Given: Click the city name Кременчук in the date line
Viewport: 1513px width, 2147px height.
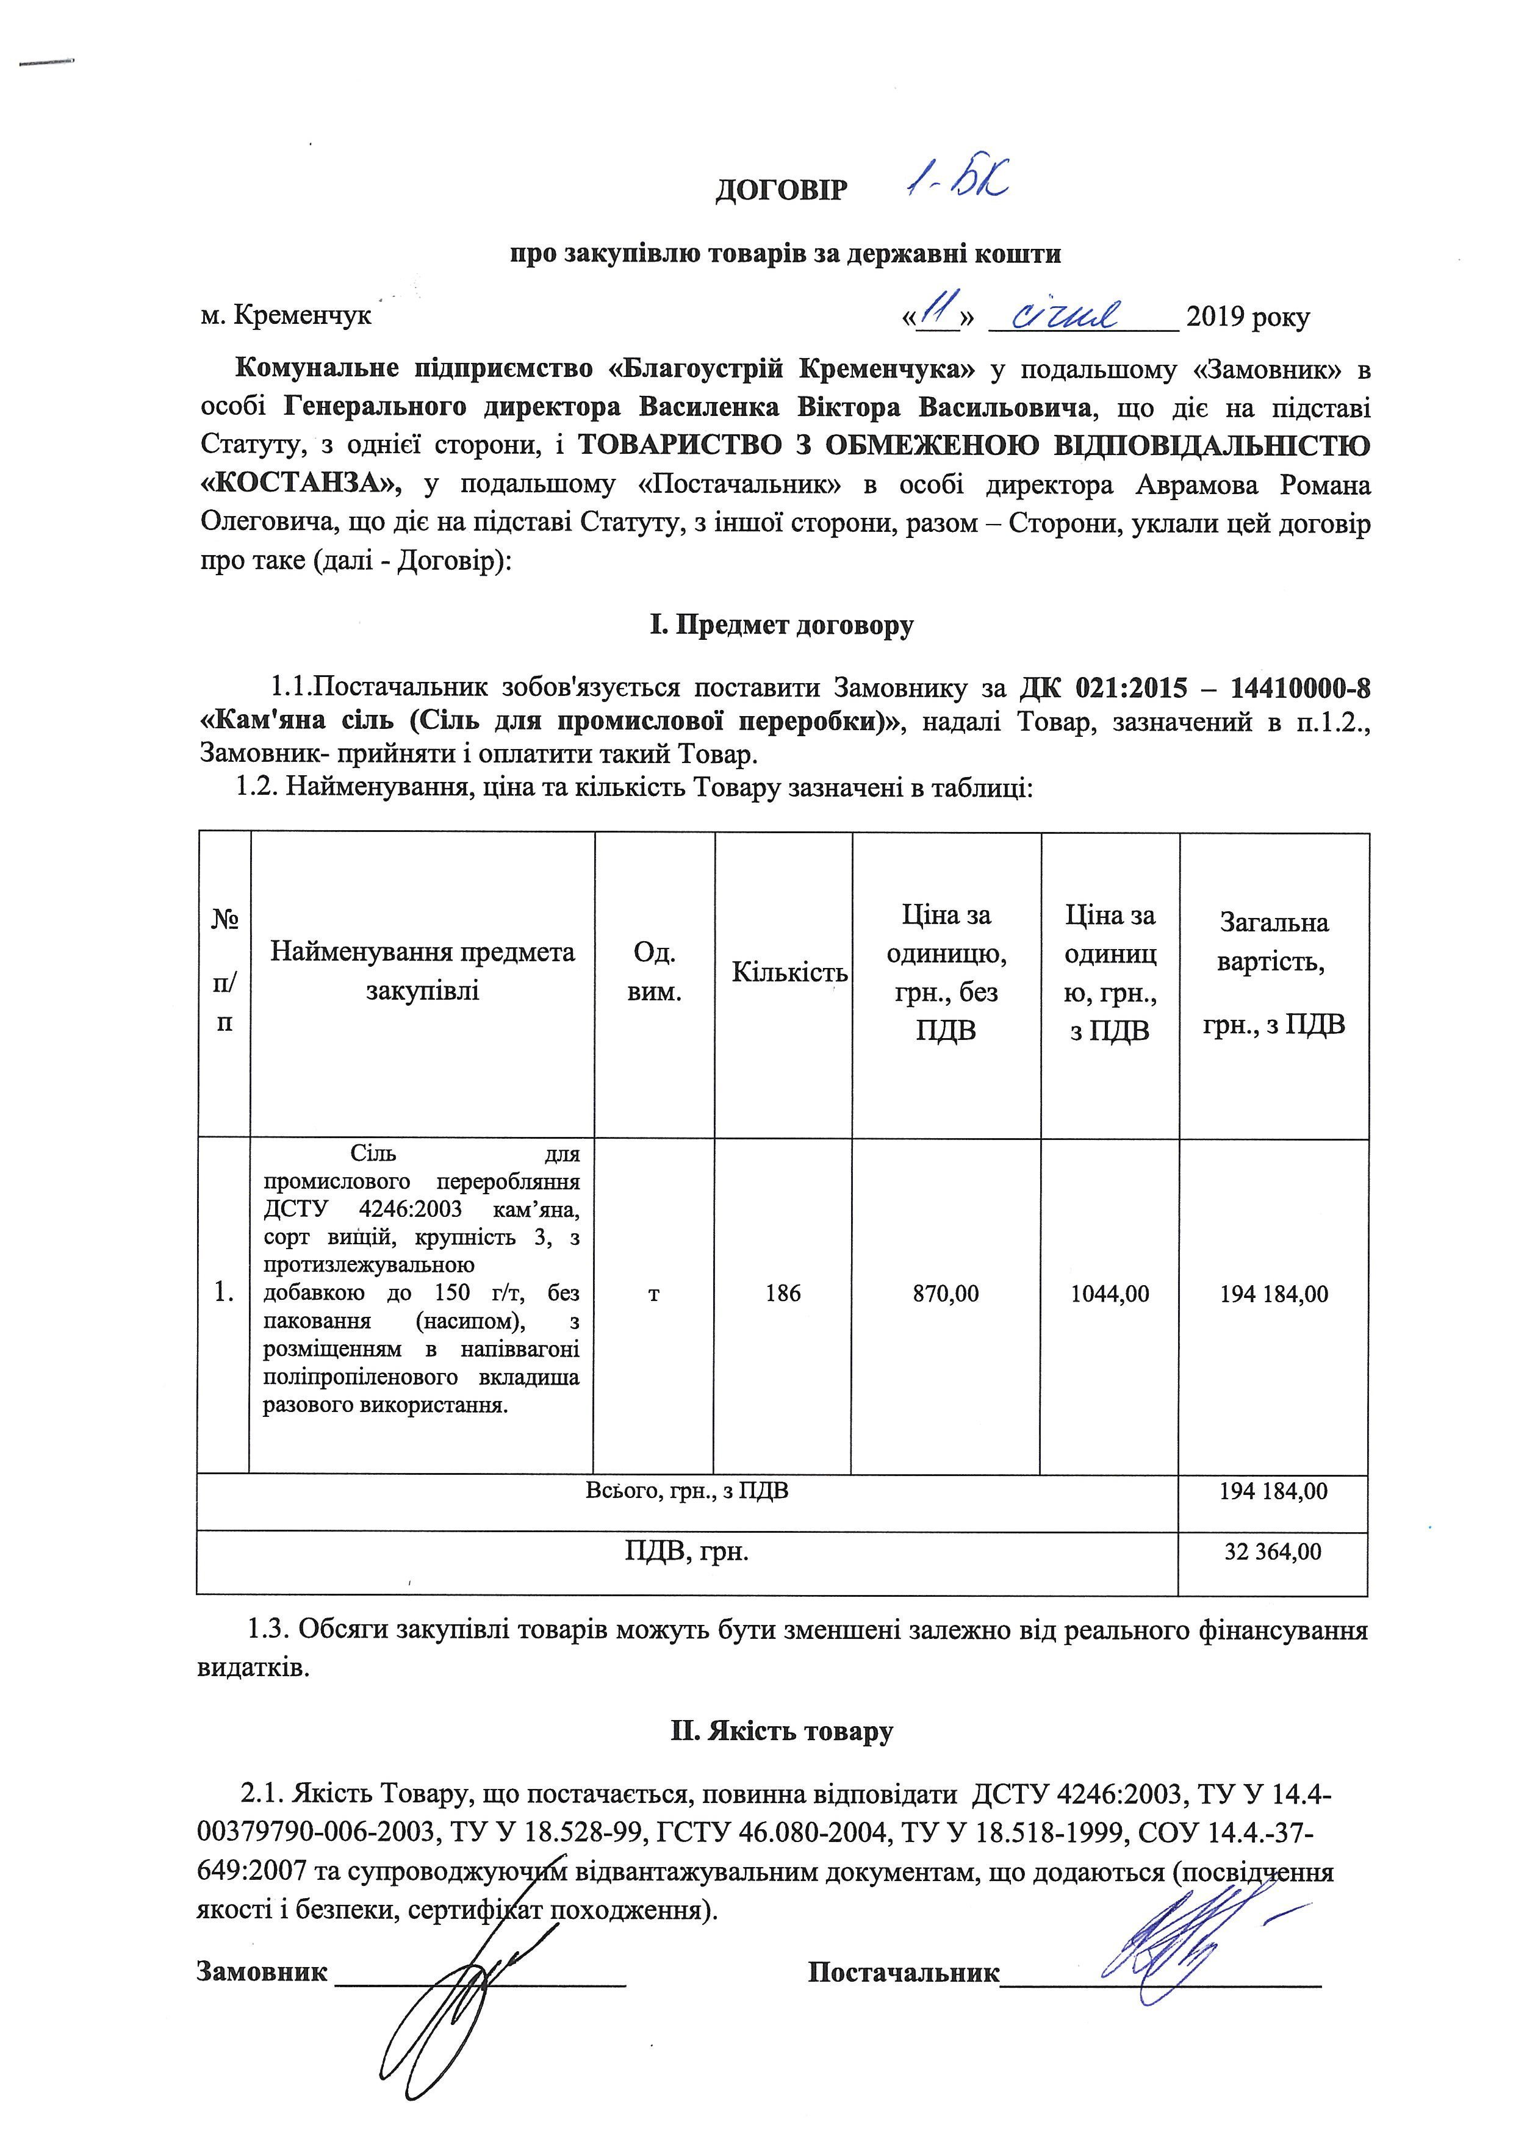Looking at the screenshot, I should (x=302, y=316).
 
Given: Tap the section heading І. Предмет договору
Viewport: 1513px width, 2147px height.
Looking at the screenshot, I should (x=781, y=624).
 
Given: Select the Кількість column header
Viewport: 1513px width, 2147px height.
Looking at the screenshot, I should (x=788, y=972).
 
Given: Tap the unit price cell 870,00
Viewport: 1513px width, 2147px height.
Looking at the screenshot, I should (x=946, y=1294).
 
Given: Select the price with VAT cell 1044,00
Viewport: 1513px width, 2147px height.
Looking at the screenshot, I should (x=1110, y=1294).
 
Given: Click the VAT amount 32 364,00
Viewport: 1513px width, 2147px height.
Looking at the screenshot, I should (x=1273, y=1551).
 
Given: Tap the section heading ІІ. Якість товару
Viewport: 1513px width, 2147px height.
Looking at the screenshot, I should (x=781, y=1731).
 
